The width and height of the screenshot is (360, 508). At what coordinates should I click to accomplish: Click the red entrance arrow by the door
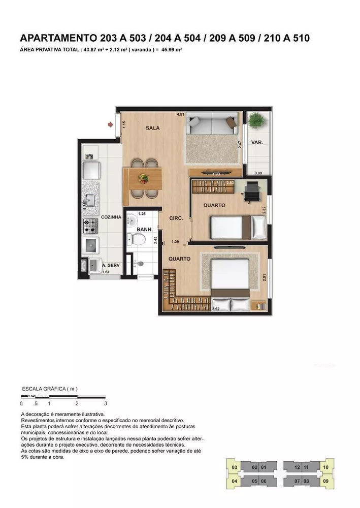pos(111,124)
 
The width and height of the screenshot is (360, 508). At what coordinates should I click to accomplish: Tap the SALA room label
pos(152,128)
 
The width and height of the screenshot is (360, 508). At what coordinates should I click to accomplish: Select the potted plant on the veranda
pos(257,121)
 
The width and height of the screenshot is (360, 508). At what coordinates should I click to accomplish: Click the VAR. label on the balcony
pos(257,143)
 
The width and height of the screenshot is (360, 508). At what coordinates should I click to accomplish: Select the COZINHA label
pos(111,217)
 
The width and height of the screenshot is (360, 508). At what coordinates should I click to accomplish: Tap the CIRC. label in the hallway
pos(176,218)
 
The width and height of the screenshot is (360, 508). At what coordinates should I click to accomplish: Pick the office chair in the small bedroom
pos(252,192)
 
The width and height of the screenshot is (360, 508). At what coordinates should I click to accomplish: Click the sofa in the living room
pos(212,123)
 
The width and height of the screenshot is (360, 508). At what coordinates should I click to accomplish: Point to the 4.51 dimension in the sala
pos(180,115)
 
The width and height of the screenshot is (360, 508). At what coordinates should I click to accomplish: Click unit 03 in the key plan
pos(234,467)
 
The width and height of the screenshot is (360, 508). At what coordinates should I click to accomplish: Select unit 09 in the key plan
pos(325,481)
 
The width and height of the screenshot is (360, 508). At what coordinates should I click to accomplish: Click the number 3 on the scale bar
pos(105,403)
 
